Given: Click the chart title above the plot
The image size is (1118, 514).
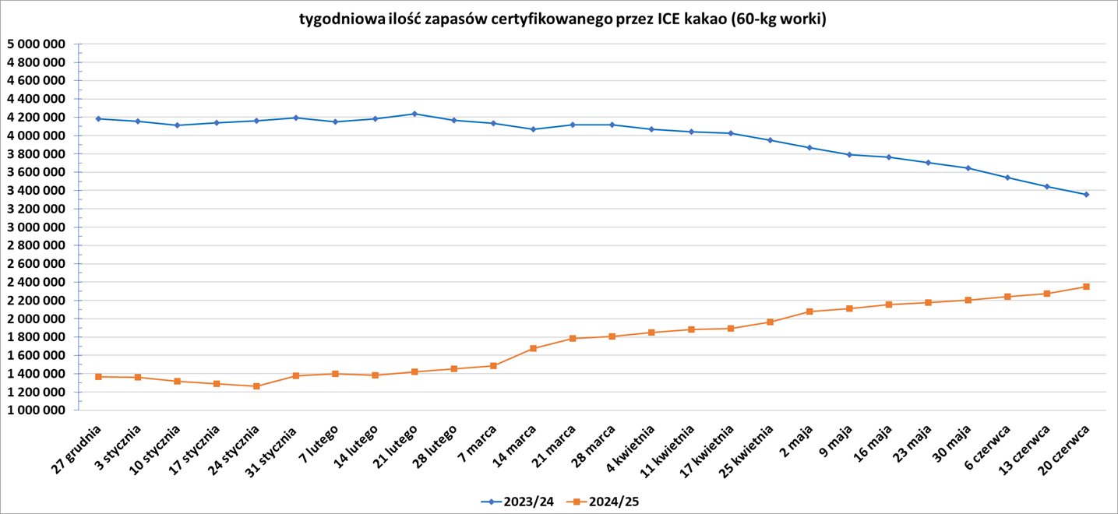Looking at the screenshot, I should point(563,19).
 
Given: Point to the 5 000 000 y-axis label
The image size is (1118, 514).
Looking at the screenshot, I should point(35,44).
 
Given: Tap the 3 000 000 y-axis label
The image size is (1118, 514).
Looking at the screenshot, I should point(35,227).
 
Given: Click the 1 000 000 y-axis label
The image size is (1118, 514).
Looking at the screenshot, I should point(35,410).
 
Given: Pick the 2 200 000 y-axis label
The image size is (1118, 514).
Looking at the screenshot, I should point(35,301).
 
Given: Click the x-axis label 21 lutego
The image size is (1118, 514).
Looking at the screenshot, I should point(397,445).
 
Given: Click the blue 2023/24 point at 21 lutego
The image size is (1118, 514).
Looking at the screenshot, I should point(414,114).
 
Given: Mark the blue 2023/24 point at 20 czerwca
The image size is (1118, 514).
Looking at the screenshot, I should point(1086,195).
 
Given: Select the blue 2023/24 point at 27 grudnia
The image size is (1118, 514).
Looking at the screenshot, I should point(98,118).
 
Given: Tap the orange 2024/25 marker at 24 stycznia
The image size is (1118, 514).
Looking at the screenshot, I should point(256,386).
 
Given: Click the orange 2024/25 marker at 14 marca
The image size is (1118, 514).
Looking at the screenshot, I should point(533,348).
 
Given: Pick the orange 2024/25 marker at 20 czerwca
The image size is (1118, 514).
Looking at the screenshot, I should point(1086,287).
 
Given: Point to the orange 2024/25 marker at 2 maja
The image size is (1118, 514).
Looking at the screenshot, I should point(809,312).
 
